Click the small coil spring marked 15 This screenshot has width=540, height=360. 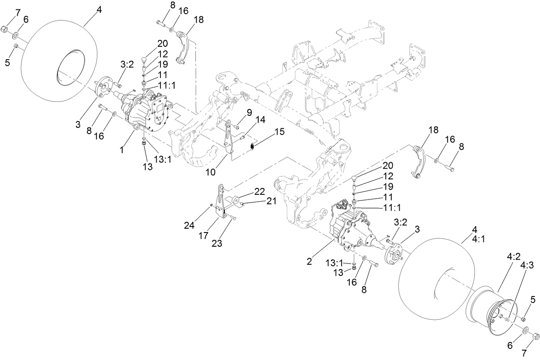pyautogui.click(x=252, y=147)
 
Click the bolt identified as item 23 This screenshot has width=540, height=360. pyautogui.click(x=233, y=218)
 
